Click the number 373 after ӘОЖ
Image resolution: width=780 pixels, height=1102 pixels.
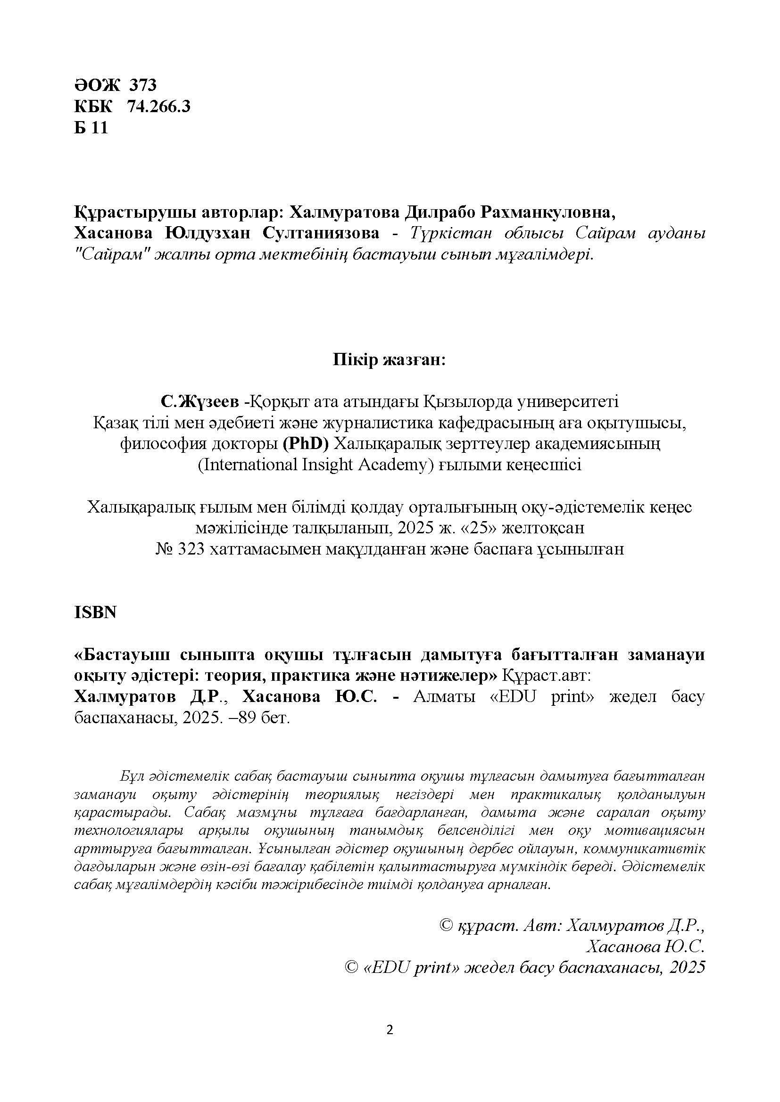[142, 85]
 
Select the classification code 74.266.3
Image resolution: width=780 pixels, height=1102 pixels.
[158, 106]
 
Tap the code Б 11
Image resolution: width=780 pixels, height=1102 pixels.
[91, 128]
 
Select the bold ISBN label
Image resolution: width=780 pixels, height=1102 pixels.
[95, 613]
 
